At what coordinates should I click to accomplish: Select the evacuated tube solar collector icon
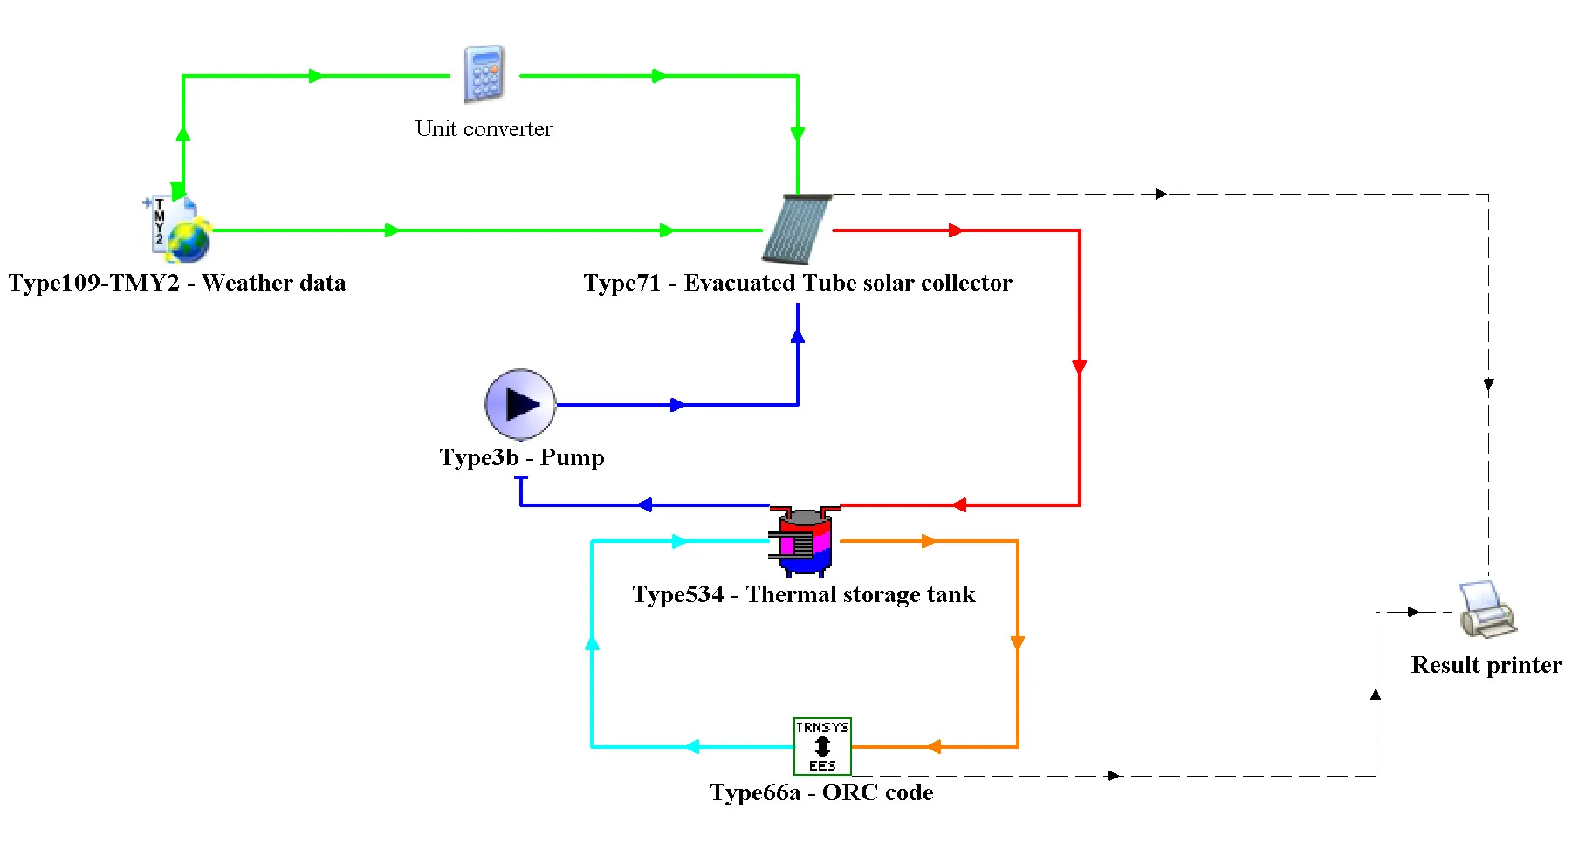pos(796,230)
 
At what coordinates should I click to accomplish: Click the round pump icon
pos(520,404)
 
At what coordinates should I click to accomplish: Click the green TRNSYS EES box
pos(822,746)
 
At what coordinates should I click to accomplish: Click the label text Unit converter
pos(484,129)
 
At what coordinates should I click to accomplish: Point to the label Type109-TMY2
pos(93,283)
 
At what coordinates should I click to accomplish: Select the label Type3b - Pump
pos(522,457)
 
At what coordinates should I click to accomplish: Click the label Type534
pos(678,594)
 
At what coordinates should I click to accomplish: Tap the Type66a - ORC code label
pos(821,792)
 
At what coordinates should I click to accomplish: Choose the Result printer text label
pos(1486,665)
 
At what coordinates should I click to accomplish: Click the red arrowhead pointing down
pos(1080,367)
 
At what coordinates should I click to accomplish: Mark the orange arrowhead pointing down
pos(1018,643)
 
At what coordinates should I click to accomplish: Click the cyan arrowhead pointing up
pos(592,643)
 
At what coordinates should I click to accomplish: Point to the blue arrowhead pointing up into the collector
pos(797,335)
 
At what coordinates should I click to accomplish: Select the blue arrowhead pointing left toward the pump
pos(645,504)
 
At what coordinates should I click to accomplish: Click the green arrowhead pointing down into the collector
pos(797,134)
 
